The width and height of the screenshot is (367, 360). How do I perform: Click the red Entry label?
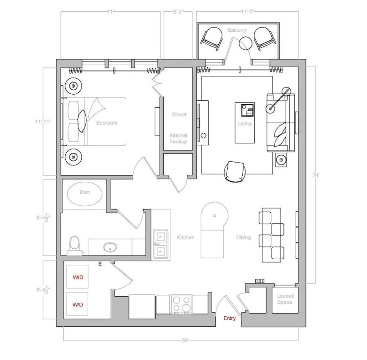point(229,318)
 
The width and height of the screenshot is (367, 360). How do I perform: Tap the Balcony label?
point(237,30)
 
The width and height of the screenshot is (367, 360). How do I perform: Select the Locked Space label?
point(285,299)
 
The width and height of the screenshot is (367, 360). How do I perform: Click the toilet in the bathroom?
point(75,245)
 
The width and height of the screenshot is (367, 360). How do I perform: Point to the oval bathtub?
point(85,194)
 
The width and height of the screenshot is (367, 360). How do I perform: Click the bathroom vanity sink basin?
point(110,247)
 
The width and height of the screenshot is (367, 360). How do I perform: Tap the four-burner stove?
point(181,304)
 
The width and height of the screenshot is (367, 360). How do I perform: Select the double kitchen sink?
point(161,244)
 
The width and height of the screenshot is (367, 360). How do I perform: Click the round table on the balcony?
point(245,43)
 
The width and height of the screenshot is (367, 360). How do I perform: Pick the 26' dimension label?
point(184,340)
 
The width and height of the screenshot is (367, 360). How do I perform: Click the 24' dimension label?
point(315,175)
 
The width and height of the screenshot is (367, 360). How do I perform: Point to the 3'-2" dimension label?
point(178,12)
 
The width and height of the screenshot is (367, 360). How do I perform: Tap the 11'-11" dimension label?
point(43,121)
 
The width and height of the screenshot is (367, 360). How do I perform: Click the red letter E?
point(100,264)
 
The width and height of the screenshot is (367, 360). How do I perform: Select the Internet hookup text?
point(178,138)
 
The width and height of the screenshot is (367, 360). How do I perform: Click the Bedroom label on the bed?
point(107,123)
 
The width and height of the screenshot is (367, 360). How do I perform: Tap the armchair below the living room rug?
point(235,172)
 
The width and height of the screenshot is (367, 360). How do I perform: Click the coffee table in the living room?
point(245,123)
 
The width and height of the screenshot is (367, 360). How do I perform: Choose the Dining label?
point(244,238)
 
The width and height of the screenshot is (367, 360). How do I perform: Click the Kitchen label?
point(185,238)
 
